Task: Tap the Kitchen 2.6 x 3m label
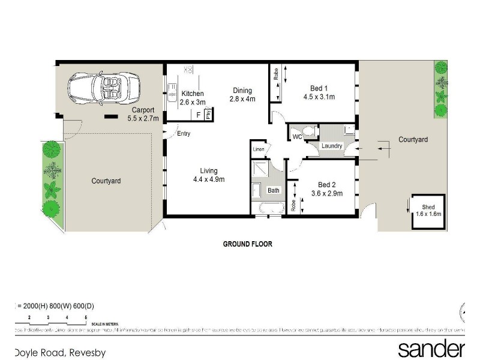pos(193,98)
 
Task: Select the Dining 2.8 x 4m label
pos(242,95)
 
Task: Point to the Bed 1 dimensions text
pos(319,96)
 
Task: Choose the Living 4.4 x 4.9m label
pos(208,175)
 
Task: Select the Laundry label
pos(332,146)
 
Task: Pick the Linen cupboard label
pos(259,149)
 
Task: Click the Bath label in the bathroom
pos(274,190)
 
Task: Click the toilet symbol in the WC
pos(310,131)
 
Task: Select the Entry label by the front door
pos(184,133)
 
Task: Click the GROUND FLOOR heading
pos(248,244)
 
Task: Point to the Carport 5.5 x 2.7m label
pos(143,114)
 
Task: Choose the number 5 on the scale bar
pos(86,317)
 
